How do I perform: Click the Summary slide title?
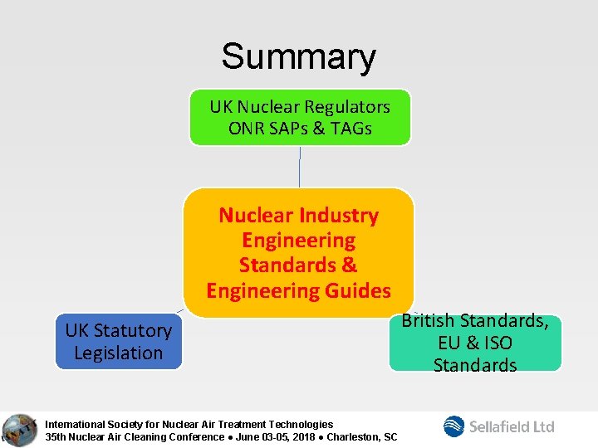[298, 57]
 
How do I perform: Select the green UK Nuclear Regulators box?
[300, 117]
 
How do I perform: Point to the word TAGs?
[350, 129]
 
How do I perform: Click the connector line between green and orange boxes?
[300, 167]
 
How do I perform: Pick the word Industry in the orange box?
[341, 216]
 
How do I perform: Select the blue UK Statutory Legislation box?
[118, 341]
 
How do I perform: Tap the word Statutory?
[133, 330]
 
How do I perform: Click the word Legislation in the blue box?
[118, 353]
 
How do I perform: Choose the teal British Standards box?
[475, 343]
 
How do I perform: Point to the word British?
[428, 320]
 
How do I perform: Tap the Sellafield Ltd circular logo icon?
[454, 426]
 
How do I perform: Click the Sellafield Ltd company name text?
[512, 426]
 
